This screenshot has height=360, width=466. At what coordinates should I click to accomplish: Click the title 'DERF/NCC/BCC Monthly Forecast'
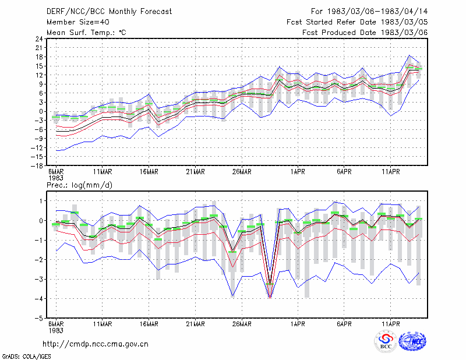(x=109, y=12)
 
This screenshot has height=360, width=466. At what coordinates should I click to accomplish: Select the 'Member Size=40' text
(x=78, y=22)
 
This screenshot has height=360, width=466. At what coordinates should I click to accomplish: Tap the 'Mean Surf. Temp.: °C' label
(x=86, y=33)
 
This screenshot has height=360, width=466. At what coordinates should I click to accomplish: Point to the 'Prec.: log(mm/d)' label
(x=79, y=185)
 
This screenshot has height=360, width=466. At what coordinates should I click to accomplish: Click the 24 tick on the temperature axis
(x=39, y=38)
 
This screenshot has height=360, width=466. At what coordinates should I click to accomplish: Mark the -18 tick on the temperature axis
(x=37, y=165)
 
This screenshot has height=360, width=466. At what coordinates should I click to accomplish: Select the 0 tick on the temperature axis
(x=41, y=111)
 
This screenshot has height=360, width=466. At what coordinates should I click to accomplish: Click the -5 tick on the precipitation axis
(x=38, y=318)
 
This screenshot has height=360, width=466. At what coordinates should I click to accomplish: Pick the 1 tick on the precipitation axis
(x=41, y=201)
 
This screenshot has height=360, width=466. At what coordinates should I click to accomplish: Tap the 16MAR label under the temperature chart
(x=149, y=172)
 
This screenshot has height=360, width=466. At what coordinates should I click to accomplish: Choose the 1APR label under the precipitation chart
(x=298, y=324)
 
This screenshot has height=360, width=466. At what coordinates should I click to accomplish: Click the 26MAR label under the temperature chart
(x=242, y=172)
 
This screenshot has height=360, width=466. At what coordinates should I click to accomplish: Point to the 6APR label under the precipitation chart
(x=344, y=324)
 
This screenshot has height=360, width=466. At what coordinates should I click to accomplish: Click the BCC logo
(x=386, y=341)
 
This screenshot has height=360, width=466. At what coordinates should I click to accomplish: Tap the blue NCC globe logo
(x=412, y=341)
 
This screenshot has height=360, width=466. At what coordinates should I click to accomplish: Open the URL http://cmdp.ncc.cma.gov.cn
(x=96, y=344)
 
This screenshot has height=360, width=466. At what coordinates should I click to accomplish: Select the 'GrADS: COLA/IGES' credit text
(x=26, y=357)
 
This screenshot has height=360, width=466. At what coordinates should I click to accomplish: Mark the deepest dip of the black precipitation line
(x=270, y=284)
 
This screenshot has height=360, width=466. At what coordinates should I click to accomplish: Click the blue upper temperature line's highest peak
(x=409, y=55)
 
